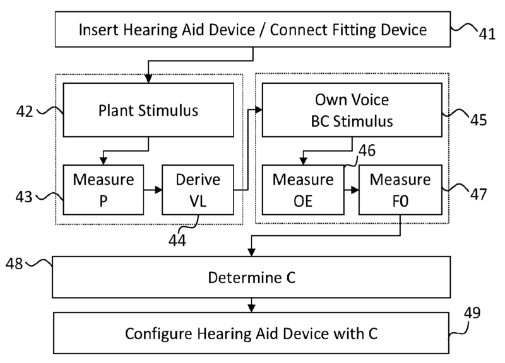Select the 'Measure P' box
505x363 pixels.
coord(104,188)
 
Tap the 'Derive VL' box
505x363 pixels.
coord(198,188)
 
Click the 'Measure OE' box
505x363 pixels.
coord(303,188)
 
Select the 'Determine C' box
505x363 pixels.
coord(251,277)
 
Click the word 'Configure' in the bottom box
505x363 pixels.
coord(158,333)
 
